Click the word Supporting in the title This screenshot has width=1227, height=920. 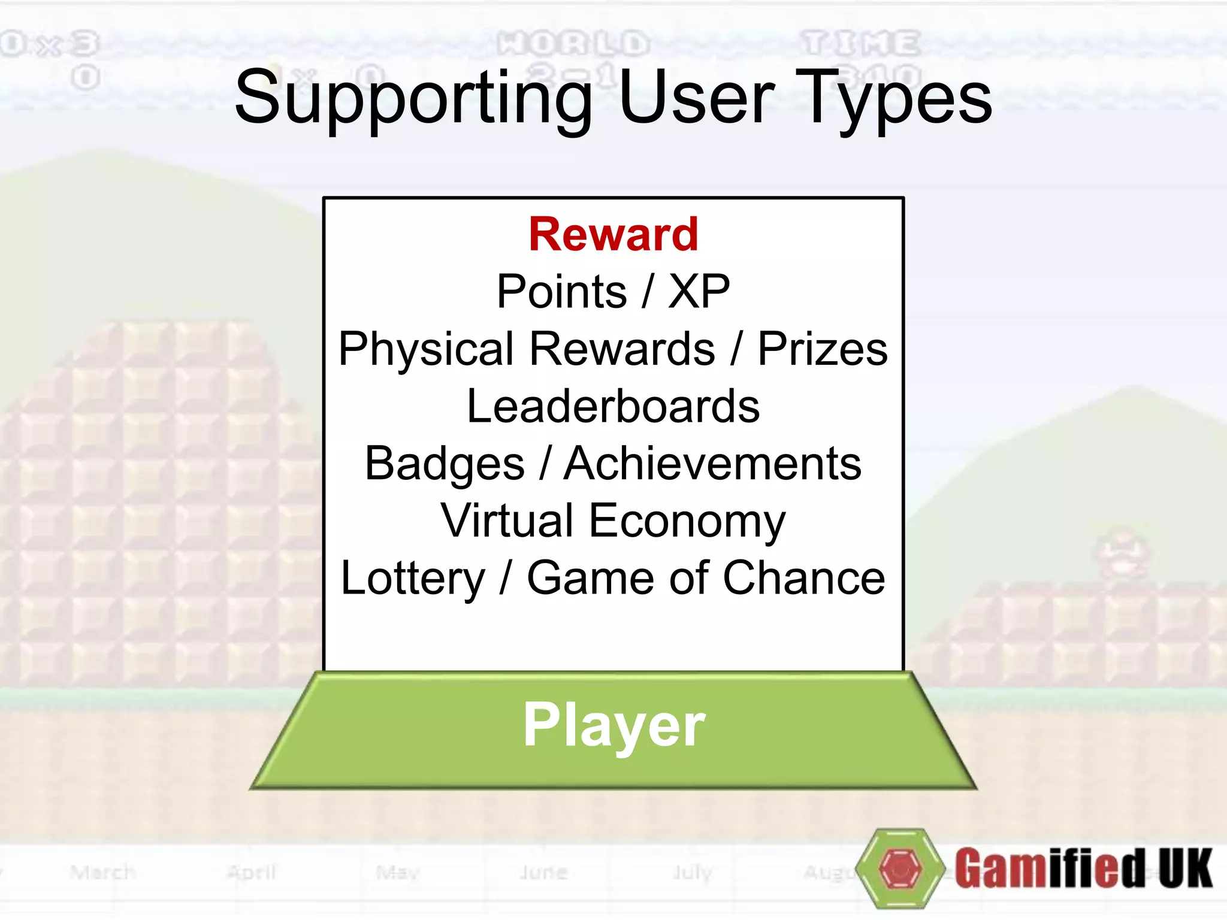(413, 99)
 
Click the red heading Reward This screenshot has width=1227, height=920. (613, 234)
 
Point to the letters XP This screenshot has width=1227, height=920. (699, 292)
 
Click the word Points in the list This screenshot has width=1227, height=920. (561, 292)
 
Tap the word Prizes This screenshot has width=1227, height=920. (823, 349)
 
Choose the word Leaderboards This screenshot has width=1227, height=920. (613, 406)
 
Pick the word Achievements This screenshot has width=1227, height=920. (712, 464)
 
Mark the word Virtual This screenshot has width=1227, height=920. (507, 520)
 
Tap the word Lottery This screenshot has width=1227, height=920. (413, 579)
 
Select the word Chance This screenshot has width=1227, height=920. (804, 578)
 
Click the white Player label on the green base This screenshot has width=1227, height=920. (614, 726)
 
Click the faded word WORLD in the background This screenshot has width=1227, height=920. (573, 43)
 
